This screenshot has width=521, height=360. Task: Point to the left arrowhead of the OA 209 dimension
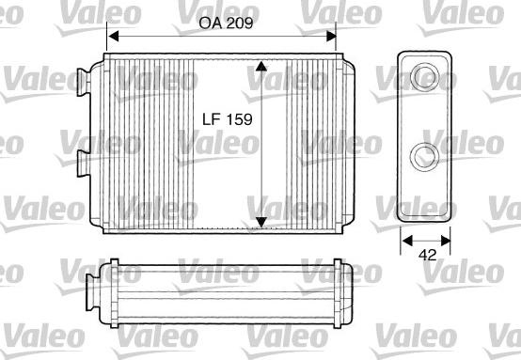click(x=111, y=38)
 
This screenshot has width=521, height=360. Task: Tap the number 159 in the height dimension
click(x=242, y=119)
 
